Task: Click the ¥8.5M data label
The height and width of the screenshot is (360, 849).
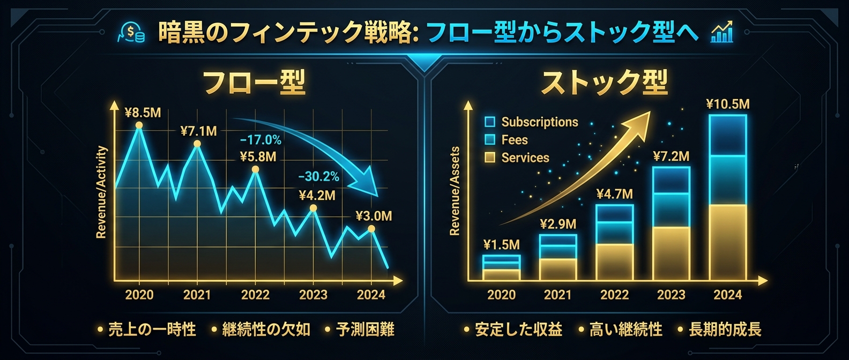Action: click(x=143, y=113)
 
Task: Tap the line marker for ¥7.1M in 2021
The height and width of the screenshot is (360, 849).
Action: click(x=197, y=144)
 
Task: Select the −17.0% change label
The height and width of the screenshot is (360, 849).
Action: click(x=260, y=140)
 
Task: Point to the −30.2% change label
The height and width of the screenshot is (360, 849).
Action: click(x=318, y=176)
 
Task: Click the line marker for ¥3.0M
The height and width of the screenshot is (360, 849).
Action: click(x=371, y=229)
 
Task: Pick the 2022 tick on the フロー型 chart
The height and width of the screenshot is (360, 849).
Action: click(x=255, y=295)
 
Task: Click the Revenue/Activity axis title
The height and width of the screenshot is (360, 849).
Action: click(x=101, y=192)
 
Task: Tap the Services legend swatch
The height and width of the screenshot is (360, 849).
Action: click(x=490, y=157)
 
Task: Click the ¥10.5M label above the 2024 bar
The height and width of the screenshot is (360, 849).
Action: click(x=727, y=104)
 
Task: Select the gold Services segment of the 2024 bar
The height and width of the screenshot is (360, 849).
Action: click(x=727, y=242)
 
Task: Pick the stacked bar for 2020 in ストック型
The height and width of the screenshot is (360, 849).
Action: click(x=501, y=267)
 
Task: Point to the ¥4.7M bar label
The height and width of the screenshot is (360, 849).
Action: click(x=614, y=194)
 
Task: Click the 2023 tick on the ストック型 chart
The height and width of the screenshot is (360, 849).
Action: click(x=671, y=295)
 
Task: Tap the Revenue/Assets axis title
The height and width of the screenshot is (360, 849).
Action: click(x=455, y=192)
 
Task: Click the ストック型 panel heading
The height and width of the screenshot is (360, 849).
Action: click(x=604, y=83)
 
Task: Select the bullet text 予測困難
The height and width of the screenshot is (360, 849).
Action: click(x=365, y=329)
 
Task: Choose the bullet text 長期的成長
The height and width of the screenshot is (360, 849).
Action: click(x=725, y=329)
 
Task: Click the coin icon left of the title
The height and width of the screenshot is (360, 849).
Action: click(x=132, y=33)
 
